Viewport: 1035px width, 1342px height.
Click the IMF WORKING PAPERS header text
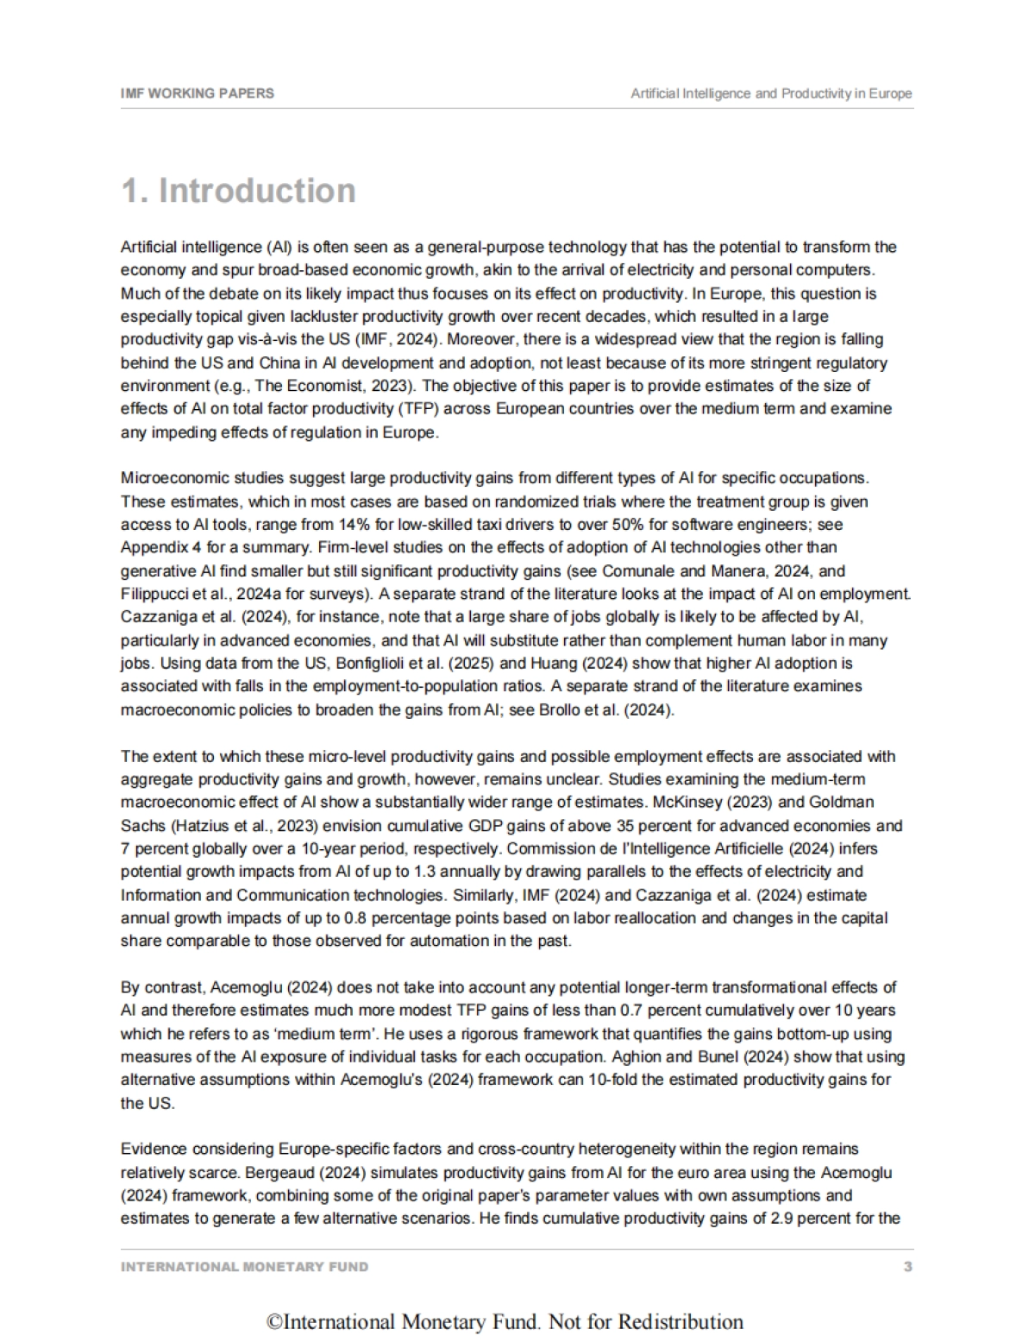tap(198, 93)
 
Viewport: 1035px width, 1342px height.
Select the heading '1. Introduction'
tap(238, 191)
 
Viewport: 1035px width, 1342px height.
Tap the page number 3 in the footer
tap(907, 1267)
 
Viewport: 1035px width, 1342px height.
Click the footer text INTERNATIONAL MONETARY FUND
tap(244, 1267)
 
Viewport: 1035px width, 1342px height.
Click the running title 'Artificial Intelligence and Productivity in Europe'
tap(771, 93)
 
